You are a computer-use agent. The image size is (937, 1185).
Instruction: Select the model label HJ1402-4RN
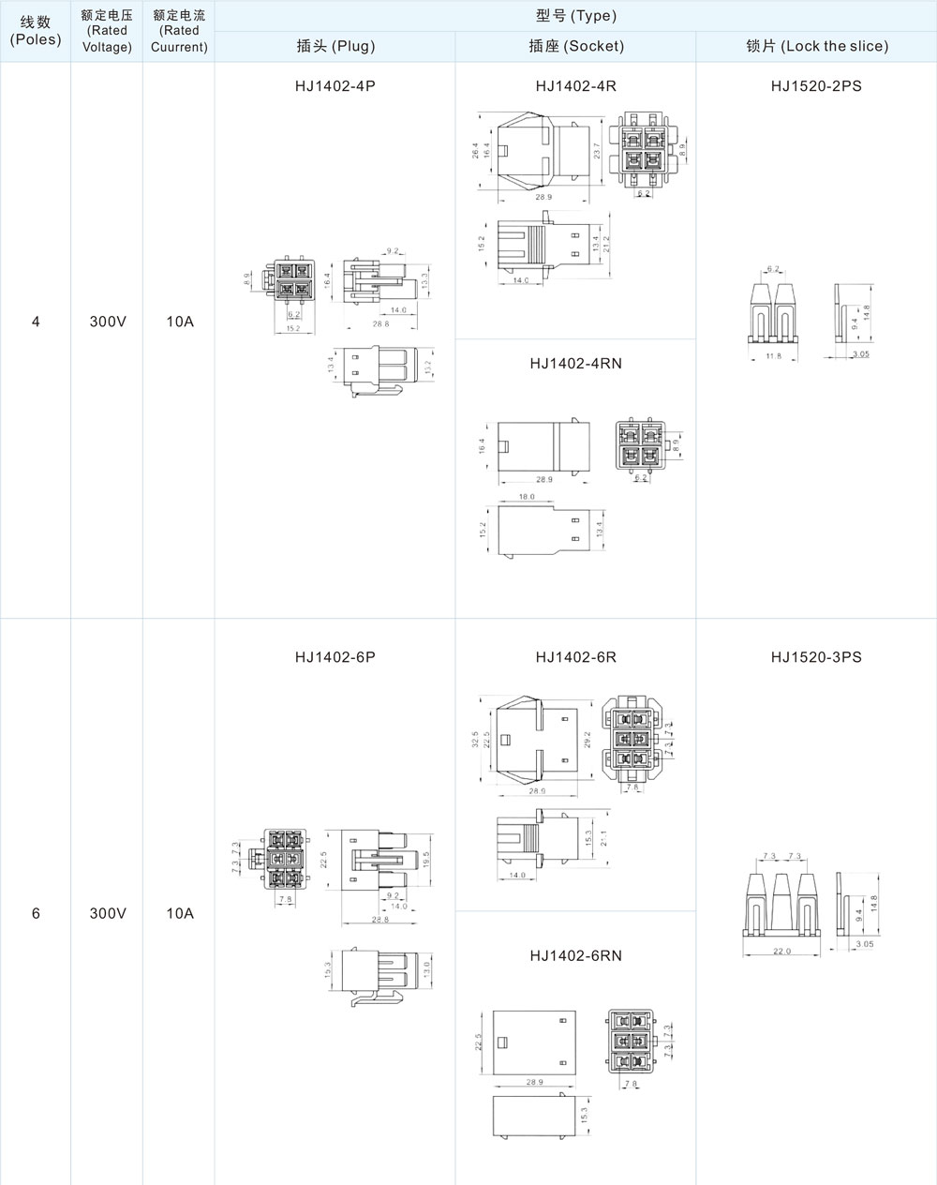tap(575, 364)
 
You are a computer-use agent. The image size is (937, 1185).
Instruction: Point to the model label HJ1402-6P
tap(335, 657)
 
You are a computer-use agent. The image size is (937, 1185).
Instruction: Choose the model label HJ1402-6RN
tap(575, 955)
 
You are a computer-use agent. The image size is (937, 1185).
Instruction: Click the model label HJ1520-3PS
tap(816, 657)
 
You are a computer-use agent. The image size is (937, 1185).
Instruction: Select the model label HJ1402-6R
tap(575, 657)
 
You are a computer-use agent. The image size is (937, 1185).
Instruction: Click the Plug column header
tap(335, 46)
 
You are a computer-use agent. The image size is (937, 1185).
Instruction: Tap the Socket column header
tap(575, 46)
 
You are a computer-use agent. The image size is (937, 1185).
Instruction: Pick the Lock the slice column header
tap(816, 46)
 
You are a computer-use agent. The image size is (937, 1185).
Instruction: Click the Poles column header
tap(36, 31)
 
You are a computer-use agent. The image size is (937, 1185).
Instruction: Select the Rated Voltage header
tap(107, 31)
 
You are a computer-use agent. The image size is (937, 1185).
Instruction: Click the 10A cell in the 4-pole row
tap(179, 322)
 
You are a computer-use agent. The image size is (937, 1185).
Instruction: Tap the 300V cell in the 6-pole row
tap(107, 913)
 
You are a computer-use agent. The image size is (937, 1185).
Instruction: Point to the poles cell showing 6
tap(36, 913)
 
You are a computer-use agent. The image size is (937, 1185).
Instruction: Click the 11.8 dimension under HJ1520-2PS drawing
tap(774, 356)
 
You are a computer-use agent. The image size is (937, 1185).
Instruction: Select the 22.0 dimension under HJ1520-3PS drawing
tap(781, 951)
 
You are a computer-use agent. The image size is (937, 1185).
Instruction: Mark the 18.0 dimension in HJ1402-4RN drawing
tap(527, 497)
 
